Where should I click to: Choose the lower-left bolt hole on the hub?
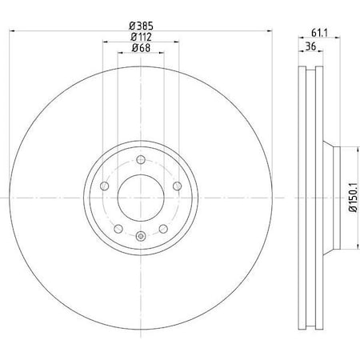coord(118,227)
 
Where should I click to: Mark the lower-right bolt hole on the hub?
coord(163,227)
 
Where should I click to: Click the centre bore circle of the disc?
coord(141,197)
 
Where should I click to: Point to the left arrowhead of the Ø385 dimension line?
coord(12,31)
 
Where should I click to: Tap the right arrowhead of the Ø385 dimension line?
coord(270,31)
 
